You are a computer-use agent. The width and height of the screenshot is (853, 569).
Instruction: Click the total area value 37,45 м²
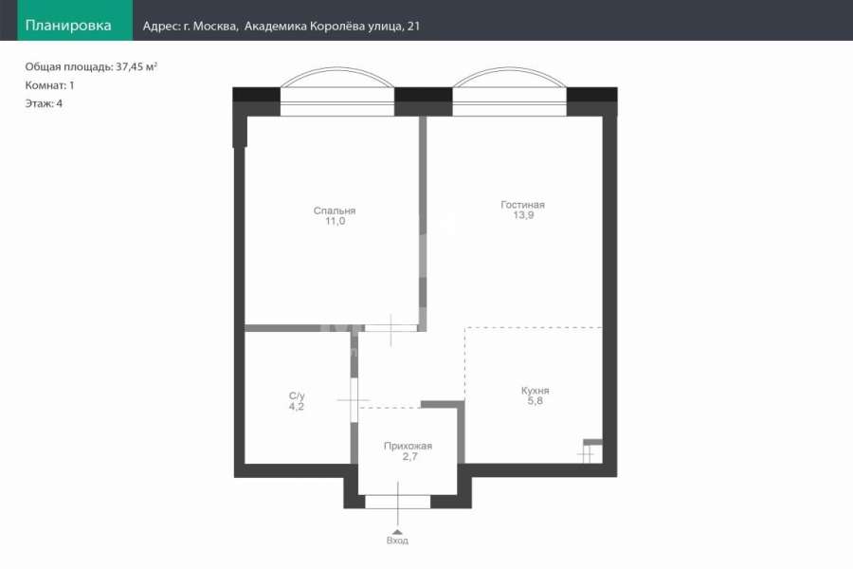[136, 66]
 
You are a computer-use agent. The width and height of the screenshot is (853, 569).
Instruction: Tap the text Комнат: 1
[49, 85]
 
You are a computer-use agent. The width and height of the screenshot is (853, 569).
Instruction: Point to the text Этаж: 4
[44, 103]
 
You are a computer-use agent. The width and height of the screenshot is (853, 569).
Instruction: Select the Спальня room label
[335, 211]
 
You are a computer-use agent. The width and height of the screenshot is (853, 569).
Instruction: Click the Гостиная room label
[522, 205]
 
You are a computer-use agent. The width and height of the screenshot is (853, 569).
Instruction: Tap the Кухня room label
[535, 391]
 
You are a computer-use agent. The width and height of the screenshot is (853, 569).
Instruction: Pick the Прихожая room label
[408, 446]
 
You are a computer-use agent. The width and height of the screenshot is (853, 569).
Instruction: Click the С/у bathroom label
[297, 395]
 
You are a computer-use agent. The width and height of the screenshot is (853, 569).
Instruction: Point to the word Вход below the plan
[397, 541]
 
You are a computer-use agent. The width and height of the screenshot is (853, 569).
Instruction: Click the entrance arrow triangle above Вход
[398, 532]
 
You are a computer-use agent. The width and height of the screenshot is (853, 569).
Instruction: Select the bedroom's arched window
[337, 91]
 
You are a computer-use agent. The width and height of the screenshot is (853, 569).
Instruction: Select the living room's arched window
[510, 91]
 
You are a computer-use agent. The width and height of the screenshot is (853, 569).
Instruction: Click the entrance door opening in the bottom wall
[398, 502]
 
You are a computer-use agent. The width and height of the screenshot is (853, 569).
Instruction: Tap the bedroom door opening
[390, 328]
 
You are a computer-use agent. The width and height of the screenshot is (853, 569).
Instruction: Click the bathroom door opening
[354, 400]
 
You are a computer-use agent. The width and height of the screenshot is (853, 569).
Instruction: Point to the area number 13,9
[523, 215]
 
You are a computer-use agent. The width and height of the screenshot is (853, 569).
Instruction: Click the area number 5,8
[535, 401]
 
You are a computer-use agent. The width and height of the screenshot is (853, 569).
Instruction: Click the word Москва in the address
[215, 27]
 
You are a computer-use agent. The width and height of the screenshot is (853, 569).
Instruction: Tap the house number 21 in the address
[413, 26]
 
